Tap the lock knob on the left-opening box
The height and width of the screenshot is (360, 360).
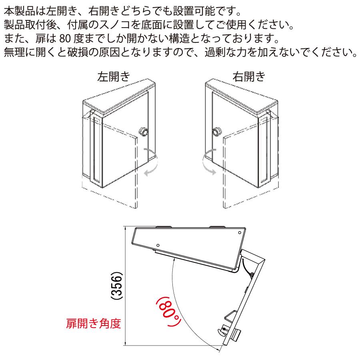(x=143, y=131)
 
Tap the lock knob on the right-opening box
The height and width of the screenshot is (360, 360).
(x=218, y=131)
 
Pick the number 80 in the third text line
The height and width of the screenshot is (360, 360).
(x=64, y=40)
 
